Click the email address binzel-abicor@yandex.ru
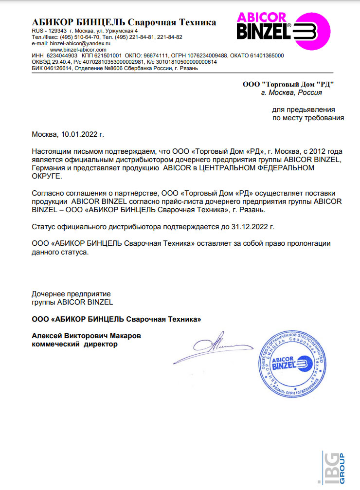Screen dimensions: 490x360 click(80, 43)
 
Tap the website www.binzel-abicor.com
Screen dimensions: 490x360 click(78, 50)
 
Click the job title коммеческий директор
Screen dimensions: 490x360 click(74, 344)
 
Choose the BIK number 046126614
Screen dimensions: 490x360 click(57, 69)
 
